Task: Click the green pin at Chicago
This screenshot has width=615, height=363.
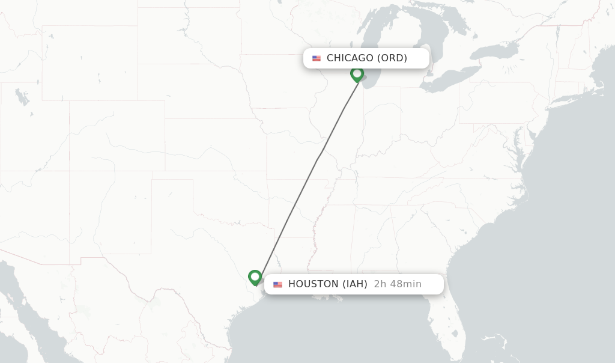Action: tap(357, 74)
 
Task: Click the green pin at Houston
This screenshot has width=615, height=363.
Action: tap(255, 277)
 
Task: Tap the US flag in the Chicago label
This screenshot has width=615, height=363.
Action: tap(317, 58)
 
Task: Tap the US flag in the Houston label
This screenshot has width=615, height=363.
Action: tap(277, 284)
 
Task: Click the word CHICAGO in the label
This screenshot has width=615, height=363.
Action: tap(350, 58)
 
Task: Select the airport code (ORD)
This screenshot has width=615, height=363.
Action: tap(392, 58)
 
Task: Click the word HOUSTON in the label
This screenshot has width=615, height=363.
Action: tap(314, 284)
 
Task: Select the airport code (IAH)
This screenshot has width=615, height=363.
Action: tap(355, 284)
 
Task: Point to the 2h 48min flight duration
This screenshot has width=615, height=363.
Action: tap(398, 284)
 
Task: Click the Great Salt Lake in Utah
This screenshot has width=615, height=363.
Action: tap(22, 96)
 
